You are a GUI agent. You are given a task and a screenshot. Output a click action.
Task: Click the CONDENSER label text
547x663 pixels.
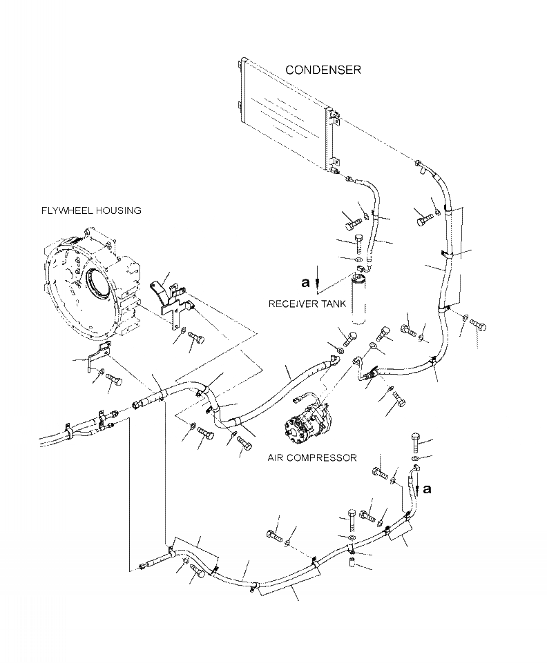pyautogui.click(x=323, y=70)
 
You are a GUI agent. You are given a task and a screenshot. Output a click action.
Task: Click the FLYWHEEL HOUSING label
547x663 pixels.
pyautogui.click(x=91, y=210)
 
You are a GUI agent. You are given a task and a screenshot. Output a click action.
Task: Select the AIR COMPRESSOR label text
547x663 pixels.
pyautogui.click(x=311, y=457)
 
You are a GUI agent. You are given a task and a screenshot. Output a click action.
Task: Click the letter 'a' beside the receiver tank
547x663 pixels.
pyautogui.click(x=305, y=282)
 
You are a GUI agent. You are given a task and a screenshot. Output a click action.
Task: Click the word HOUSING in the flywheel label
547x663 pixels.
pyautogui.click(x=118, y=210)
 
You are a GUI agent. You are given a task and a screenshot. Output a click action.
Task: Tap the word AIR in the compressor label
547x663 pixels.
pyautogui.click(x=275, y=457)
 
